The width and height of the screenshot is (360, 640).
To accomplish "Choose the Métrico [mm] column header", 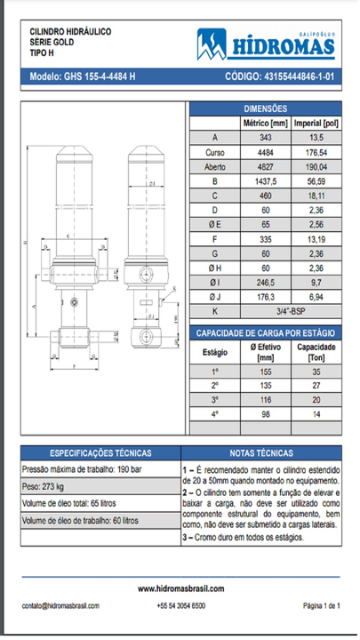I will coord(266,123).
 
